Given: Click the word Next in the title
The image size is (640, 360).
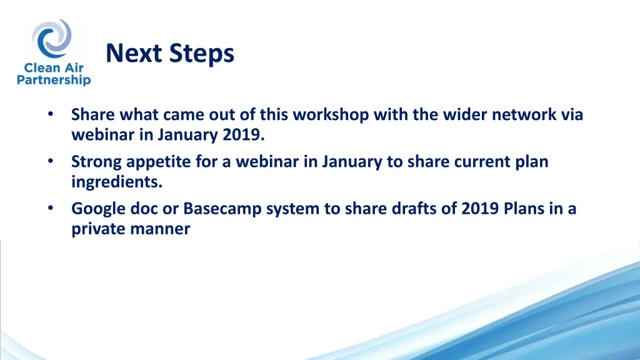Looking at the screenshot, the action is click(134, 53).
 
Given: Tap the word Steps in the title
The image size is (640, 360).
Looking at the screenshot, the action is click(202, 54).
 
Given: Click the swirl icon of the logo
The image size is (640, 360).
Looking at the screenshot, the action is click(52, 38).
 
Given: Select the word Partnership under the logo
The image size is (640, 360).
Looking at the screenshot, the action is click(54, 79).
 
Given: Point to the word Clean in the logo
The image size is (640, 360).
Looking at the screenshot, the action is click(41, 67).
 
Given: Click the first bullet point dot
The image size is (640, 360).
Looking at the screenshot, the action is click(51, 114).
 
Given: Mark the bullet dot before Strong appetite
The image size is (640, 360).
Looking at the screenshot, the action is click(51, 161).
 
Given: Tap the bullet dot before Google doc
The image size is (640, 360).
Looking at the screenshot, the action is click(51, 208).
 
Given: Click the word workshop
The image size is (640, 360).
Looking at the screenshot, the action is click(331, 115).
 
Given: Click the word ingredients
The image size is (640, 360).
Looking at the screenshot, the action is click(117, 182).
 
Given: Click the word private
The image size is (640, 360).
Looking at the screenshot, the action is click(99, 229).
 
